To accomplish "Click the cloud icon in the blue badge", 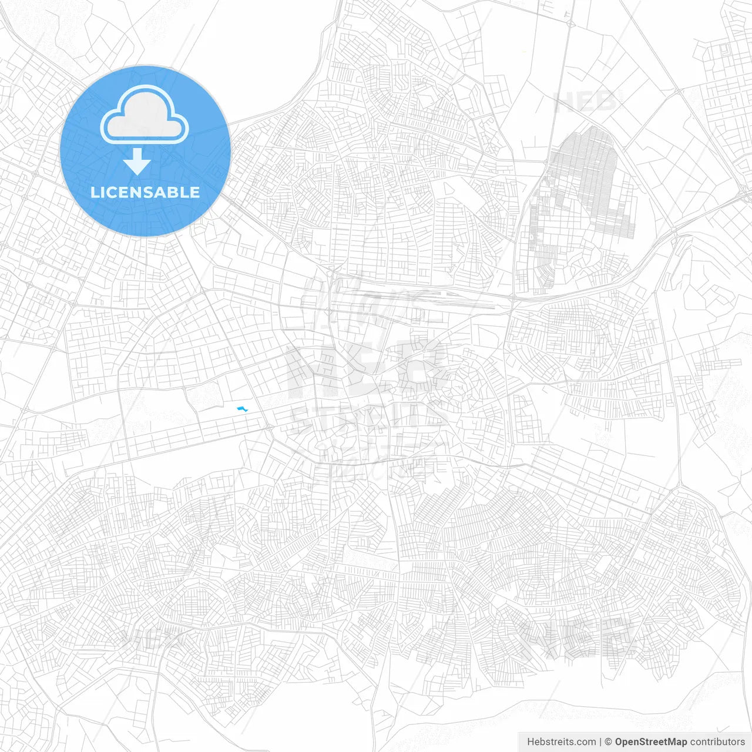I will (144, 116).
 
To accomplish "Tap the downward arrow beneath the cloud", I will (137, 161).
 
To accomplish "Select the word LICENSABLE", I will (145, 192).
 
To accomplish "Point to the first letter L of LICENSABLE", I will (94, 192).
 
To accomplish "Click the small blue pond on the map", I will (241, 409).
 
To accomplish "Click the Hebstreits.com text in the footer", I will (561, 742).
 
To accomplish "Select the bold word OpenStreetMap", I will (650, 742).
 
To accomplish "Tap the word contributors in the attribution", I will (717, 742).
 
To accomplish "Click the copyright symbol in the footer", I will (609, 742).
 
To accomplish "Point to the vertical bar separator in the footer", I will (600, 742).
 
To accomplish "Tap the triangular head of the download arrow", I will (137, 166).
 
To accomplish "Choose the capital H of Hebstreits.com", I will (531, 742).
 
